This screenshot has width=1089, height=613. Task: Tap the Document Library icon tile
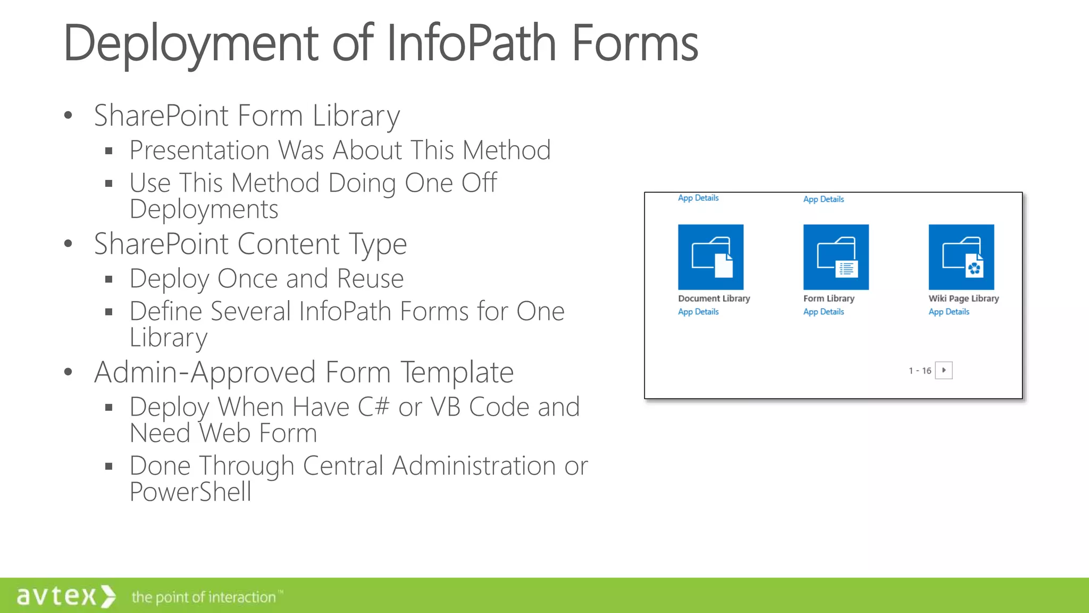pos(710,257)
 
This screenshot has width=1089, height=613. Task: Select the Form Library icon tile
pos(836,257)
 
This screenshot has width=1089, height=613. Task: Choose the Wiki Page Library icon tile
pos(961,257)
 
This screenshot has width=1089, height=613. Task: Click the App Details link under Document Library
pos(698,312)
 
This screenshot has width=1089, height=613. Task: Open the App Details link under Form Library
pos(824,312)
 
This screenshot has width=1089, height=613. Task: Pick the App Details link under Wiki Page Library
pos(949,312)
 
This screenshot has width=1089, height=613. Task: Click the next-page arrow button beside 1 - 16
pos(944,370)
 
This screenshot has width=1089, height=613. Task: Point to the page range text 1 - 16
pos(920,371)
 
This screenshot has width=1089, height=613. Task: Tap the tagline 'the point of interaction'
pos(204,597)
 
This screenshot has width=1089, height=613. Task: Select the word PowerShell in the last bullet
pos(190,492)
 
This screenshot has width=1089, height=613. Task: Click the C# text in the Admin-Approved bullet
pos(374,407)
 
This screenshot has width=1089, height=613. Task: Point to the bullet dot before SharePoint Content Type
pos(68,244)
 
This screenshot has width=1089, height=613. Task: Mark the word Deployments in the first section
pos(204,209)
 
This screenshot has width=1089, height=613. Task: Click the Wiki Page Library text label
pos(964,299)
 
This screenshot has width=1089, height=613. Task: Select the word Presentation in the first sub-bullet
pos(199,150)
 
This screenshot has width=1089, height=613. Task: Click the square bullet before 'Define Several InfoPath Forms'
pos(109,312)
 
